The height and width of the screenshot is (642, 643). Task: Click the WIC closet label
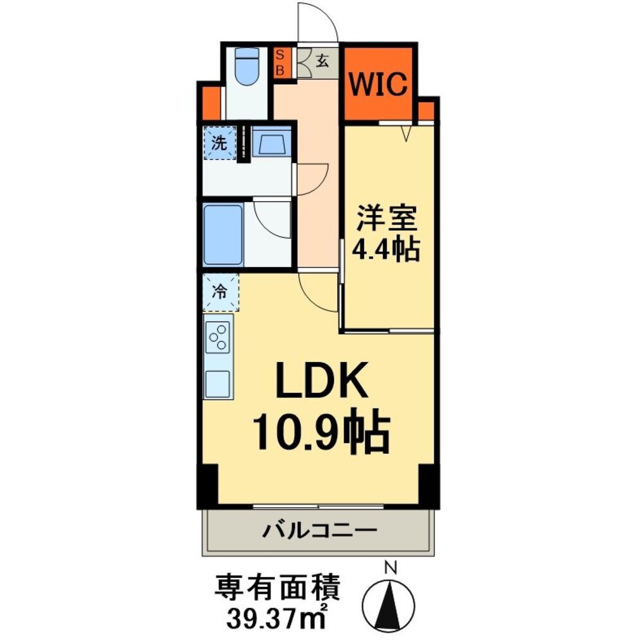click(378, 84)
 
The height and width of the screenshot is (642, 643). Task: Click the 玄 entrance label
click(322, 62)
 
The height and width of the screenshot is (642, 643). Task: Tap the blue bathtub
click(224, 234)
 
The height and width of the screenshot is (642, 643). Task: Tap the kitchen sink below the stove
click(218, 384)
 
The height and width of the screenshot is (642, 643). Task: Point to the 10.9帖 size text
click(321, 434)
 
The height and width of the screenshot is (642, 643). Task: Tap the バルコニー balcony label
click(319, 532)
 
